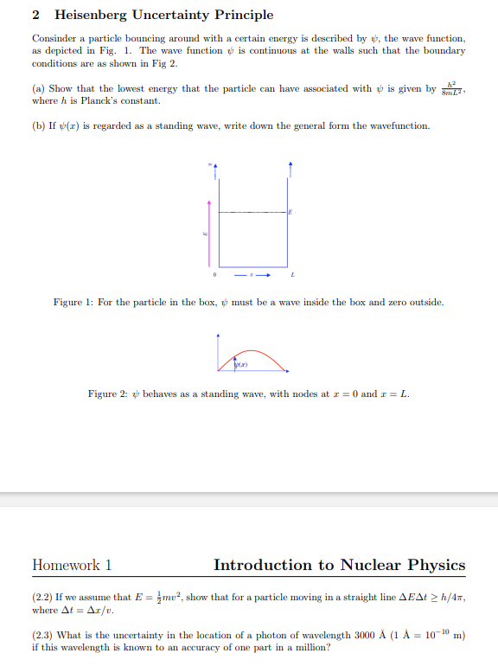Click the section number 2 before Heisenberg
point(36,15)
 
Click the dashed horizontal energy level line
point(253,211)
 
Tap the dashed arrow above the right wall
point(290,170)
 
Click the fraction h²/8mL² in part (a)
point(451,90)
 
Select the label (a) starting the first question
point(38,89)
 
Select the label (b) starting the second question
point(38,126)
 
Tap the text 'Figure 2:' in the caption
point(107,394)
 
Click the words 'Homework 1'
point(72,566)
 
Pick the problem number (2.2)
point(43,598)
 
